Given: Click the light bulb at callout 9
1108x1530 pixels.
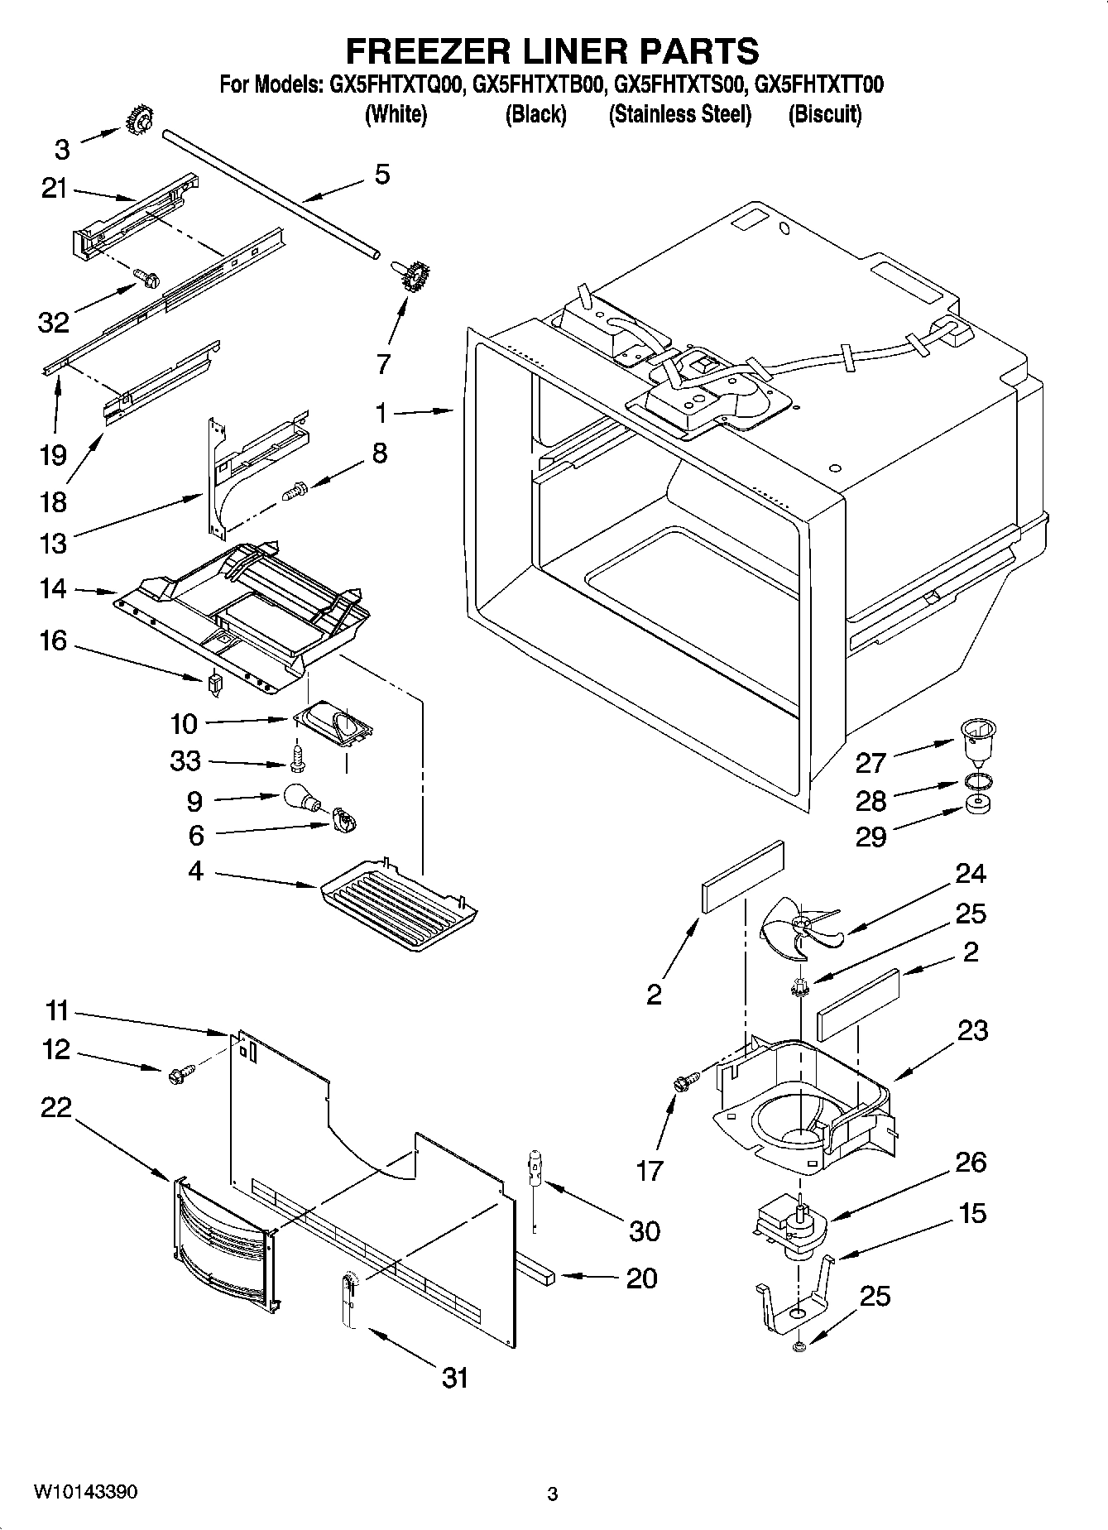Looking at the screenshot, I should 300,796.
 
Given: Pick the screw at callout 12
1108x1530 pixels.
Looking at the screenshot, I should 178,1074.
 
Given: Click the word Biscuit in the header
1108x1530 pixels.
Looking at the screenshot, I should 824,114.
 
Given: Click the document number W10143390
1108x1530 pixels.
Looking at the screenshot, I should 86,1492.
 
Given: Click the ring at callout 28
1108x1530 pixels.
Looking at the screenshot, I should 978,780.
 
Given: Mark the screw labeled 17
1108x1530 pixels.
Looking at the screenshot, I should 685,1082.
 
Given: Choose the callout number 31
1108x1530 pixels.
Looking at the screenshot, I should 455,1378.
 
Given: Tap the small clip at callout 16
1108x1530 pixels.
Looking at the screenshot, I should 215,683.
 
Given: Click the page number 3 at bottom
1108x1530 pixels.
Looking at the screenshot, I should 553,1494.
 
